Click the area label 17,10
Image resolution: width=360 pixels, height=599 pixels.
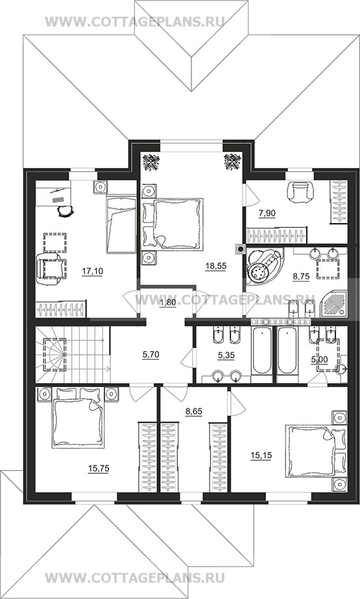[92, 271]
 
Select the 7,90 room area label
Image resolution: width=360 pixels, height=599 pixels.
[267, 214]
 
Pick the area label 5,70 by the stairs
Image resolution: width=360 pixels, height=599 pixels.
[150, 355]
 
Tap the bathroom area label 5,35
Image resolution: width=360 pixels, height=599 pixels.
[226, 356]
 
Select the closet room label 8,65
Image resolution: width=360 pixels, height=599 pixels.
[194, 412]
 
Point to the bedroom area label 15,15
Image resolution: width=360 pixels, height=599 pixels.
[261, 455]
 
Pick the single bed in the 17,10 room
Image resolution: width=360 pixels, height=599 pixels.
[121, 224]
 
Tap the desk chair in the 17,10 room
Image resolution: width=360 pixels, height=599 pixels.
[66, 210]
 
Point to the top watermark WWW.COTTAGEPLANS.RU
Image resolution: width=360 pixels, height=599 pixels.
[134, 22]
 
